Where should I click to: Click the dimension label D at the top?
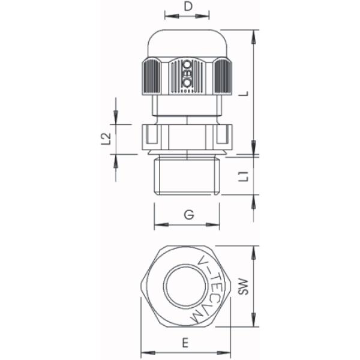tap(187, 7)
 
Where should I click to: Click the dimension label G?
tap(188, 215)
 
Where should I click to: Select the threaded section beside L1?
tap(187, 177)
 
